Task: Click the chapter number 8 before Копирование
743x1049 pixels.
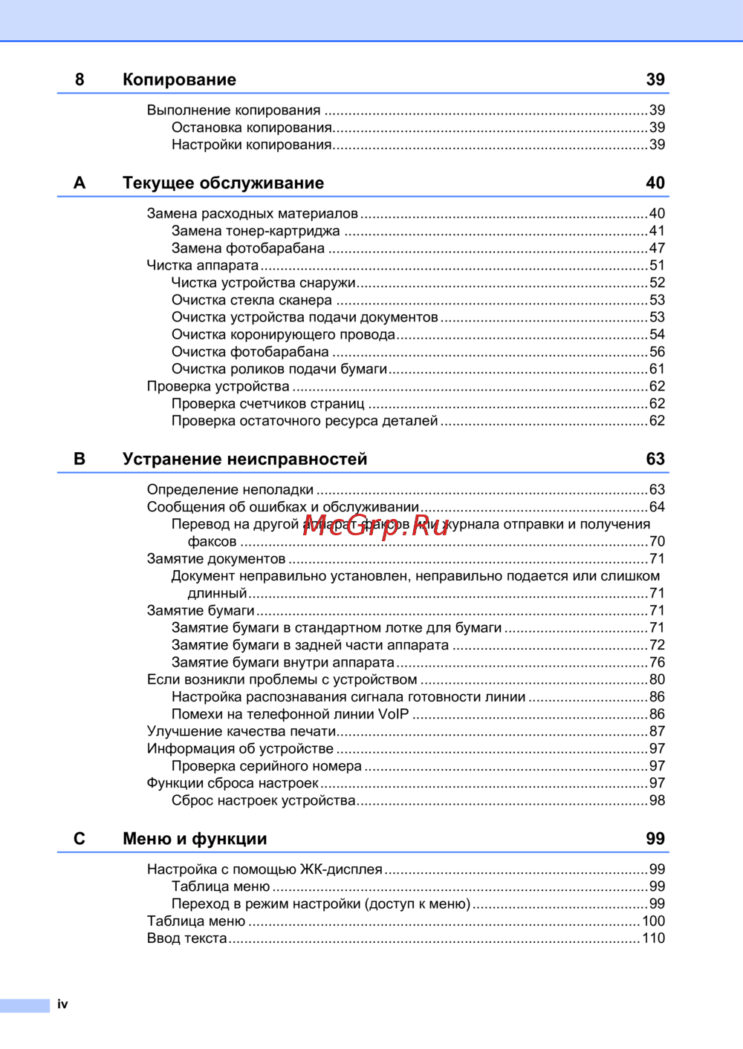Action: pos(80,79)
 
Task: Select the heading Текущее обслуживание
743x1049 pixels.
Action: pos(223,183)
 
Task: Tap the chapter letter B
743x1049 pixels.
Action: pos(80,459)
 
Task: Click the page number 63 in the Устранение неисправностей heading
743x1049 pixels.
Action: pos(655,459)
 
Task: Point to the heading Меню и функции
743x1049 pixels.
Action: pos(195,839)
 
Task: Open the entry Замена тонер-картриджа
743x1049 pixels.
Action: pos(256,231)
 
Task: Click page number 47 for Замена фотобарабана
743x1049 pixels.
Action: pos(657,248)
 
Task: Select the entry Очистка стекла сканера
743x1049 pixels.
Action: pos(252,300)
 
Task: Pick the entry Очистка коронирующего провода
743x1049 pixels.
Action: pos(283,334)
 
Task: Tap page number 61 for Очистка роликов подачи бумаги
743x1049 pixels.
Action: pos(657,369)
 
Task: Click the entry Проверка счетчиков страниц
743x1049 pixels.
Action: pos(267,403)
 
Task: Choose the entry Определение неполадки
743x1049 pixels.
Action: pos(230,489)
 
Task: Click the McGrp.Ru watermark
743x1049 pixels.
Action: pos(377,525)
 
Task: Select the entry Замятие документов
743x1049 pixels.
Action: pos(216,558)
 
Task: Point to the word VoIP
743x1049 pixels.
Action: pos(393,714)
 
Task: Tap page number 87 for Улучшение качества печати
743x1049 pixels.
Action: pos(657,731)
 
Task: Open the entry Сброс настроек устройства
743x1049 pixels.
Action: pos(264,800)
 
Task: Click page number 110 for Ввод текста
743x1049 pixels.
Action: pos(653,938)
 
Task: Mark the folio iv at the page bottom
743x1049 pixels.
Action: pos(62,1004)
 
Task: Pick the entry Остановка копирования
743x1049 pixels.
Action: pos(251,128)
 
